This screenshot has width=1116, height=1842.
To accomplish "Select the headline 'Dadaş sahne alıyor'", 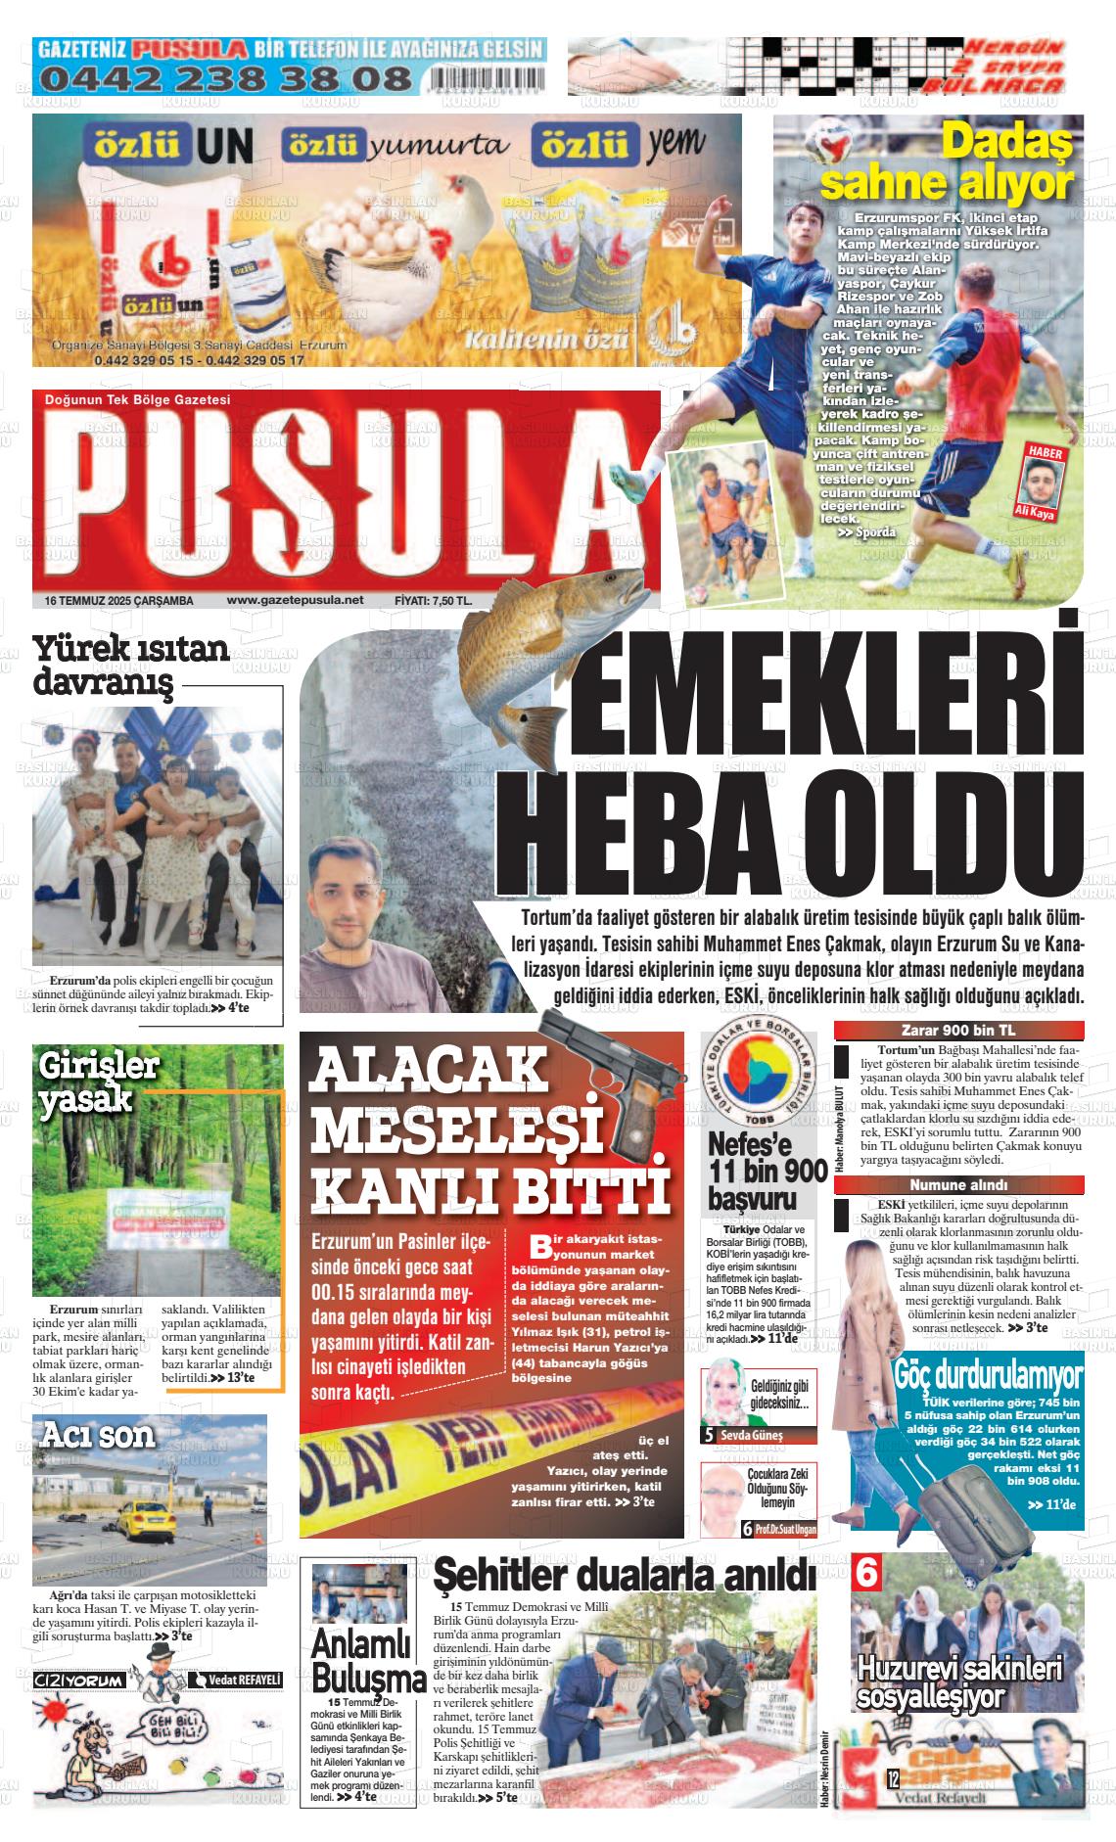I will click(x=947, y=163).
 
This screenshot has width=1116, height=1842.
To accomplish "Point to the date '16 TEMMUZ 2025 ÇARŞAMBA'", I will click(x=118, y=600).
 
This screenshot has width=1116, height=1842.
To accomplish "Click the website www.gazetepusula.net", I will click(x=295, y=600).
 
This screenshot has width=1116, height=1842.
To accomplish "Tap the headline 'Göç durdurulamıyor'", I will click(x=988, y=1374).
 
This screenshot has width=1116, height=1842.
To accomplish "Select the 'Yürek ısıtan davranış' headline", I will click(x=131, y=664).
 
